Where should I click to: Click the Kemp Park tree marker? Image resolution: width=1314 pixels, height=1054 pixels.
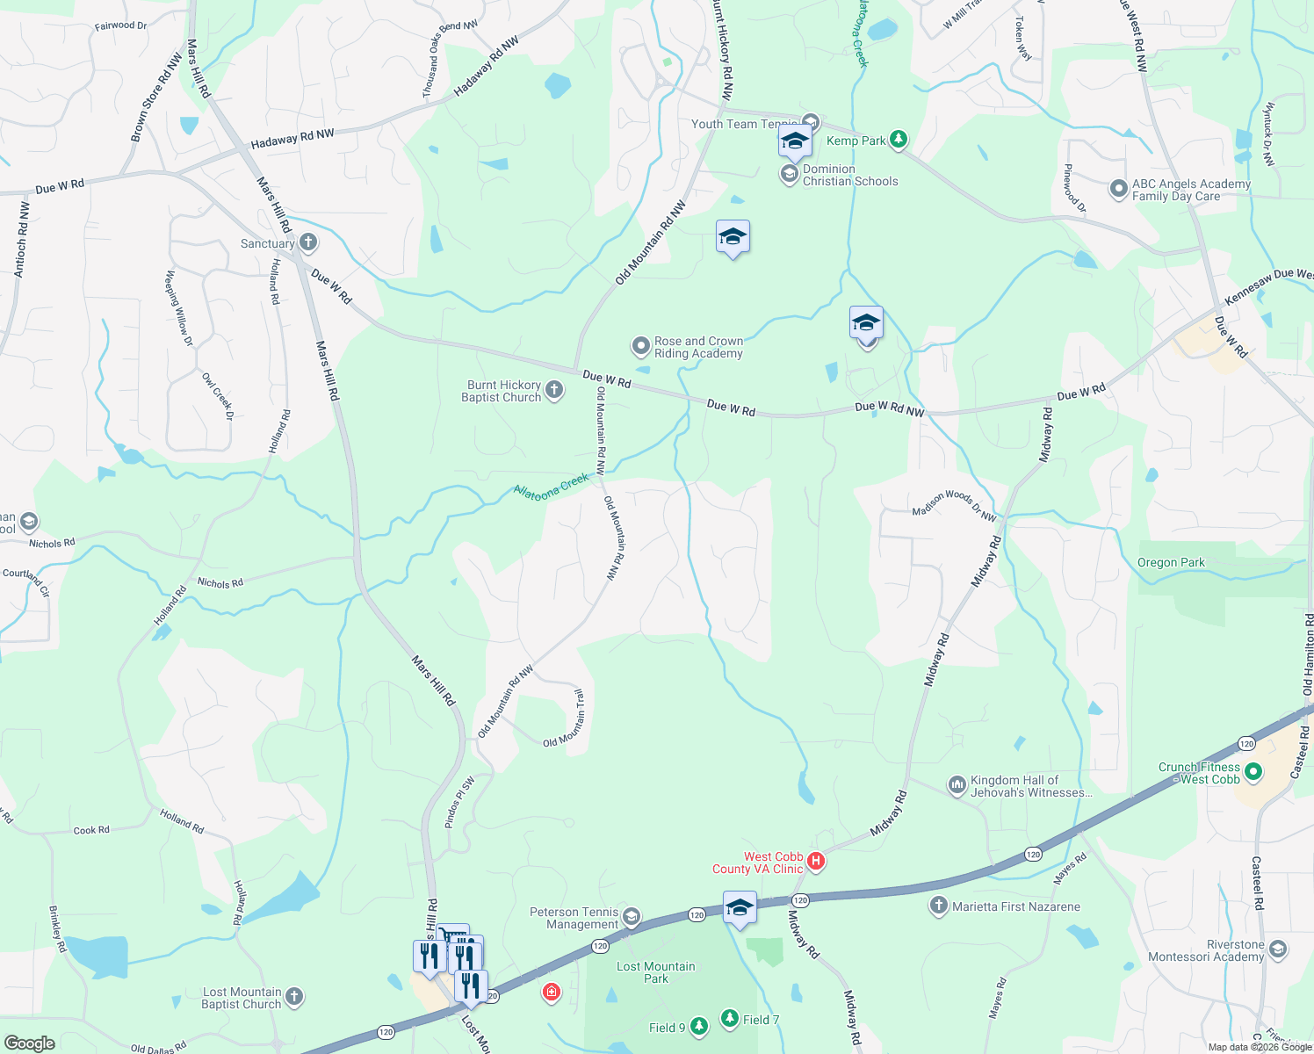[x=898, y=139]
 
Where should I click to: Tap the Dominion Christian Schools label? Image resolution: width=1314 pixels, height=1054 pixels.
[x=849, y=175]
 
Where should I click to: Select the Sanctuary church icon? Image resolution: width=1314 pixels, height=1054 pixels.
[x=307, y=242]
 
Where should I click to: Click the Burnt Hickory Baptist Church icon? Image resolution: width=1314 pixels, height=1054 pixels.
[x=553, y=390]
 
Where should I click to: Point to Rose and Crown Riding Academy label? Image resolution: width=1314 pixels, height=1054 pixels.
[x=698, y=347]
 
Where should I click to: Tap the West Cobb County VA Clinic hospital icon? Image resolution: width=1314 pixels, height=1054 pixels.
[x=816, y=861]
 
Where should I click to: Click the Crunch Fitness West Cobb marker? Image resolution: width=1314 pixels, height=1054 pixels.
[x=1253, y=772]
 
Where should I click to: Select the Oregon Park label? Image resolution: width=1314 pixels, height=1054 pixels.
[x=1171, y=562]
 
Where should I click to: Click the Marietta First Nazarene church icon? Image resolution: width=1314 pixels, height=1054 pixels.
[x=939, y=905]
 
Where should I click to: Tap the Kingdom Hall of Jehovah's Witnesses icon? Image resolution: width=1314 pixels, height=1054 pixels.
[x=957, y=784]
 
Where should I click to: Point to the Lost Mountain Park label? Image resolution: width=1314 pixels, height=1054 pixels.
[x=655, y=972]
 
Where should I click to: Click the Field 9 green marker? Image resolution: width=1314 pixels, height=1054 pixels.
[x=698, y=1025]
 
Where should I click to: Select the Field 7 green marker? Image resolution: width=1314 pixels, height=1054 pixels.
[x=730, y=1018]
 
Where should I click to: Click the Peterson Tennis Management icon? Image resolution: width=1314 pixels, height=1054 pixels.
[x=631, y=918]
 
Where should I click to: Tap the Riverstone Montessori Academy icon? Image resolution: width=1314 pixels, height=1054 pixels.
[x=1278, y=949]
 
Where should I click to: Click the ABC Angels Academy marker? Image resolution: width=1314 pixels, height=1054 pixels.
[x=1118, y=189]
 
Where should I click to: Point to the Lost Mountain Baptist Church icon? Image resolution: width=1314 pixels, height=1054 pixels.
[x=294, y=996]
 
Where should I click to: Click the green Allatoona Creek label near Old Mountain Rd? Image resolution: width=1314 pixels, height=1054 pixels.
[x=551, y=487]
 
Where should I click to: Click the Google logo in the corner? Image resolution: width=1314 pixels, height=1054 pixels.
[x=30, y=1043]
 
